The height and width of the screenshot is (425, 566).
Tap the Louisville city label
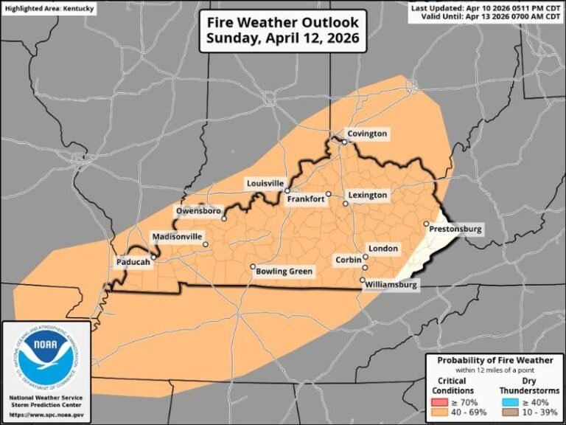pos(265,183)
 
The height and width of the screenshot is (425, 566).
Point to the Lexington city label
pos(368,195)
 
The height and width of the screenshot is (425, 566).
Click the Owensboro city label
pos(198,212)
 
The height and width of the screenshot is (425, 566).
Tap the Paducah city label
pos(133,262)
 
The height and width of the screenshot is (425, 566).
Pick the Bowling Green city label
pos(284,272)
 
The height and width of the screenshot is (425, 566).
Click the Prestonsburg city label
pos(455,229)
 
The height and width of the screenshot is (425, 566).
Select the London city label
pos(383,249)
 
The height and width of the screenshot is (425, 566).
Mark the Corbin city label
pos(348,260)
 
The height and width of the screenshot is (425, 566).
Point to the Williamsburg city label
pos(394,285)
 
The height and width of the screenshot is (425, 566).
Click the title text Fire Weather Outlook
pos(283,22)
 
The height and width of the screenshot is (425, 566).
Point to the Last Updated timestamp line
pos(486,7)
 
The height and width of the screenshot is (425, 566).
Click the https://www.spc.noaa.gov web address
pos(46,415)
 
